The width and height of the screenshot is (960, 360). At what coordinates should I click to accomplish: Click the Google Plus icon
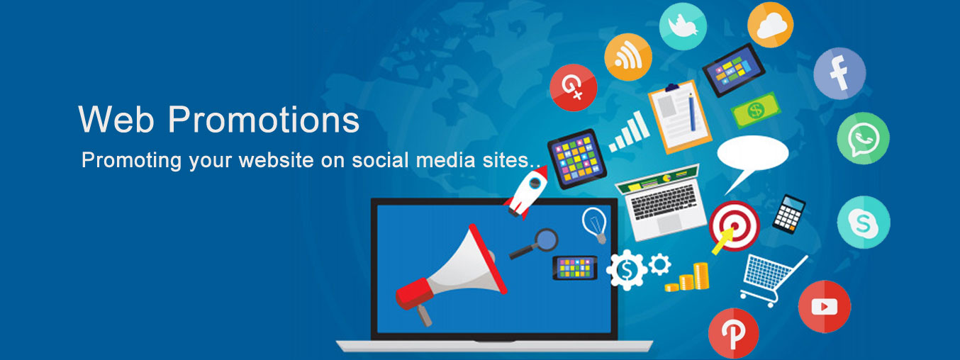coord(573,87)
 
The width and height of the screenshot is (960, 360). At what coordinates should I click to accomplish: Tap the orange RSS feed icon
coord(628,57)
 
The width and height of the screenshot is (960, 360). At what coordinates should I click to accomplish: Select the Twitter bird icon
coord(683,26)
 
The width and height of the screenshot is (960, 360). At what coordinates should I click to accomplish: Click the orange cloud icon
coord(770,24)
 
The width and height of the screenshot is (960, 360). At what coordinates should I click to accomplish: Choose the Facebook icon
coord(839,73)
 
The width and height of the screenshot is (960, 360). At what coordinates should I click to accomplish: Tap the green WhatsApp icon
coord(863,138)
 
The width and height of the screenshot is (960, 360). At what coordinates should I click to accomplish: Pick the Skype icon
coord(864,222)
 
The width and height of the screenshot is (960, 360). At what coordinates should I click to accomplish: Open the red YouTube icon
coord(825,306)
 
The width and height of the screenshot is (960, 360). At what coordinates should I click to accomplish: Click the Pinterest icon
coord(734,334)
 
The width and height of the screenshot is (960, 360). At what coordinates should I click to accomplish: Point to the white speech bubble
coord(753,158)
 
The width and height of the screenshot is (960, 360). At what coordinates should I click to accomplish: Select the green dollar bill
coord(756,111)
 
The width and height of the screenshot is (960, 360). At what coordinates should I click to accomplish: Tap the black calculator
coord(789,214)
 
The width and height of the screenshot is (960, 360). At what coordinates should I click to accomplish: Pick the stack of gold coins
coord(687,278)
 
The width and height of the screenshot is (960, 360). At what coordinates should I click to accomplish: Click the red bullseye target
coord(734,226)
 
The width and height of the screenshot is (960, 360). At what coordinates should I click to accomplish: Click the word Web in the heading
coord(116,119)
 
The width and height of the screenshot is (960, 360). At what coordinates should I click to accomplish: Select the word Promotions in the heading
coord(264,119)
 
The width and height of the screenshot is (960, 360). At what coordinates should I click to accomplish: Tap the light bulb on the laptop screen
coord(595,225)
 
